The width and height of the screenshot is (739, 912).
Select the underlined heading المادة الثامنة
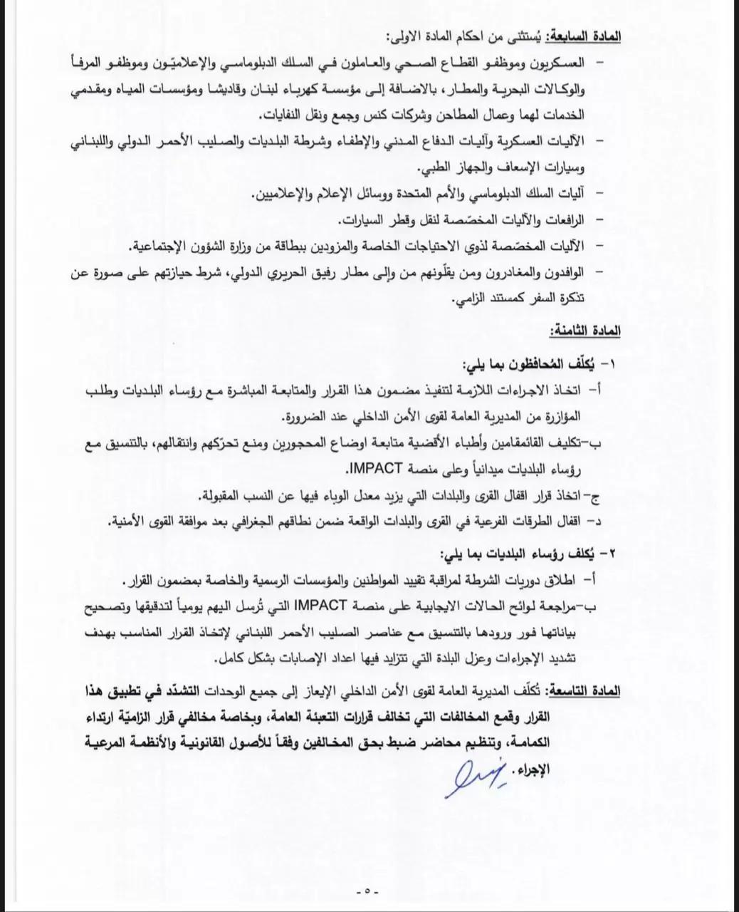pyautogui.click(x=585, y=331)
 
